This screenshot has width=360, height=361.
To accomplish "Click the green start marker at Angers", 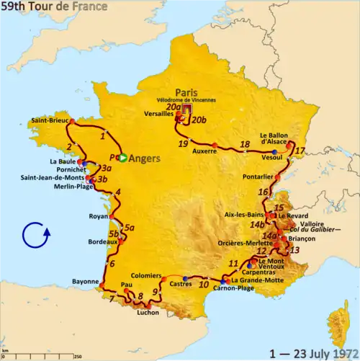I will (123, 158).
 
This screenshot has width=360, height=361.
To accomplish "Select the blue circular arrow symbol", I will (35, 236).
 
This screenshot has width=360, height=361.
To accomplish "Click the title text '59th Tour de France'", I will (54, 6).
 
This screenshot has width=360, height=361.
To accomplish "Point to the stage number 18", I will (245, 143).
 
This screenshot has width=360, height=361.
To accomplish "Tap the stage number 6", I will (112, 263).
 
